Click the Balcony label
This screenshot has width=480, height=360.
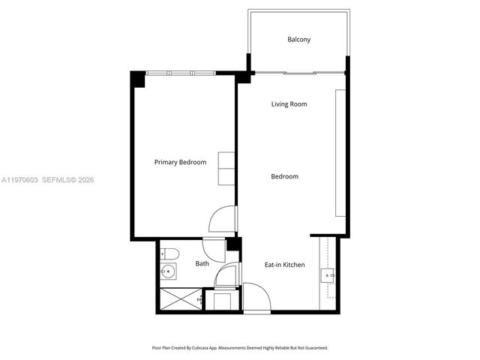(298, 40)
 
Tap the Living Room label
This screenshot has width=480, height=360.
(289, 104)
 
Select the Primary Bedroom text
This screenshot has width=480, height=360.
(180, 162)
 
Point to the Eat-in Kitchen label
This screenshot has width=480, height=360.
(284, 265)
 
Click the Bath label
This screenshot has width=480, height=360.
(202, 264)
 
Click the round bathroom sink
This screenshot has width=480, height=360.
(168, 272)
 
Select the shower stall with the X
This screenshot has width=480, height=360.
(180, 300)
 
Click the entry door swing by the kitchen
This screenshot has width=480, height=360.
(255, 295)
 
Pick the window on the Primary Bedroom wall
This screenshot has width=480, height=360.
(180, 73)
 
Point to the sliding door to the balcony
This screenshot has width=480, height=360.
(298, 73)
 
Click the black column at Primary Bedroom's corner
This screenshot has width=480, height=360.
(138, 78)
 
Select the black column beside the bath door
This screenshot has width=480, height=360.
(233, 244)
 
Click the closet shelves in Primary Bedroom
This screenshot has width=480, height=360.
(226, 169)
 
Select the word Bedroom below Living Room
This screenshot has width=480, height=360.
(285, 177)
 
